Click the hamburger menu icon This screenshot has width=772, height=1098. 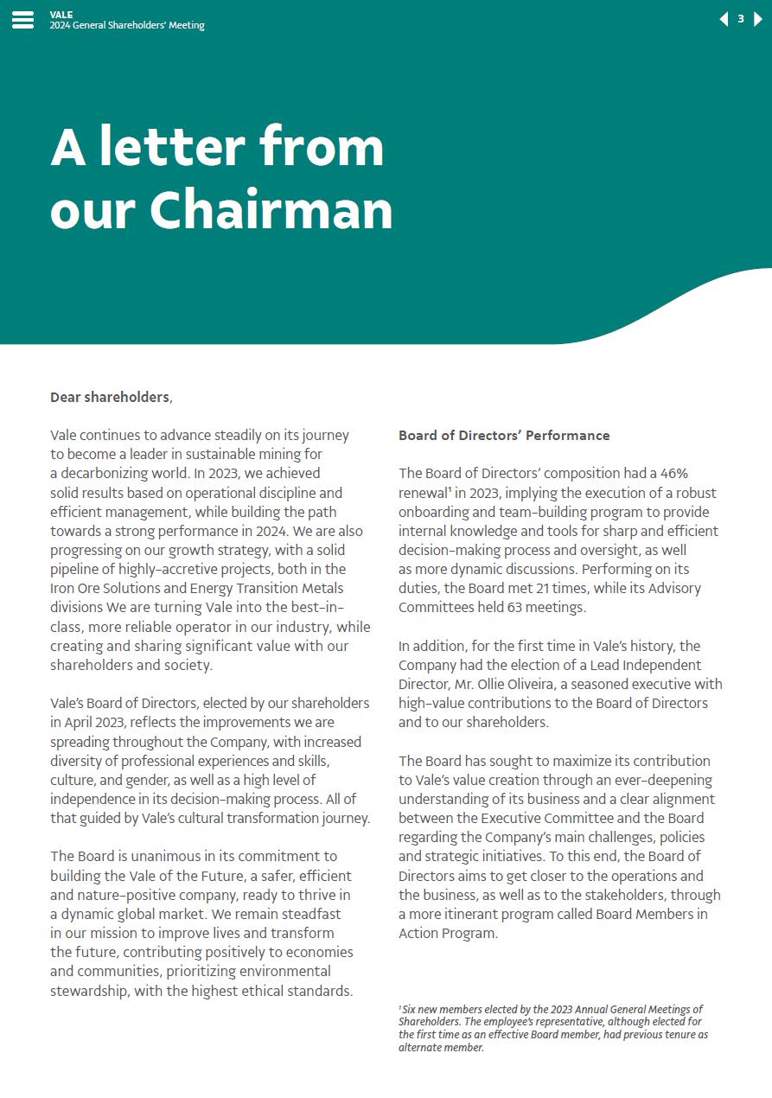point(23,20)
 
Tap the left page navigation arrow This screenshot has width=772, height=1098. point(724,19)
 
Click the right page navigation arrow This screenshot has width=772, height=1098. point(758,19)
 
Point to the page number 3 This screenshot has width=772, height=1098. point(741,19)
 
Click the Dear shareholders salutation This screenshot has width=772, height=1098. point(110,397)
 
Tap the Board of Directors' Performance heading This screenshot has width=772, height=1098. point(504,435)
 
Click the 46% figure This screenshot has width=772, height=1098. point(674,474)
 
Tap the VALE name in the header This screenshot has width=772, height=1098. point(61,15)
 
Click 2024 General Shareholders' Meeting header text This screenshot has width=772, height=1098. point(127,26)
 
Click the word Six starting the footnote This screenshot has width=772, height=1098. point(410,1010)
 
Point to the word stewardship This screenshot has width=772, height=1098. point(89,991)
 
